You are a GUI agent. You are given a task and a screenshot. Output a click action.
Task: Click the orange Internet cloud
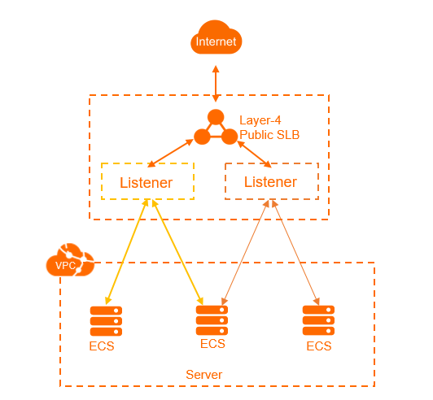[x=216, y=37]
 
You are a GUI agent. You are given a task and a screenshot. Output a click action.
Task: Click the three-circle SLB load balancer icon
[x=216, y=127]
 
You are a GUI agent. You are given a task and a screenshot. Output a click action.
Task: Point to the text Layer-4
[x=260, y=120]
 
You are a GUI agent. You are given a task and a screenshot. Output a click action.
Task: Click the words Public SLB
[x=269, y=135]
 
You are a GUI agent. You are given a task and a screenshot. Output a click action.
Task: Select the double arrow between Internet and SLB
[x=216, y=84]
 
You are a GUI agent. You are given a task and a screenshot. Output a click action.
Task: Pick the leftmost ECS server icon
[x=106, y=321]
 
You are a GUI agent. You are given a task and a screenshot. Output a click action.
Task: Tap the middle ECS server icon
[x=212, y=320]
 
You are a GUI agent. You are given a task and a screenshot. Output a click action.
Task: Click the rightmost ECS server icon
[x=318, y=320]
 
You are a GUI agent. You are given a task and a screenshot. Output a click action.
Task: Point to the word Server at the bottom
[x=203, y=375]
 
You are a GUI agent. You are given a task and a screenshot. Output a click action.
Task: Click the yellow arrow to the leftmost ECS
[x=127, y=251]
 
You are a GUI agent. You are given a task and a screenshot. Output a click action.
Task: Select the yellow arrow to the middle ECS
[x=177, y=252]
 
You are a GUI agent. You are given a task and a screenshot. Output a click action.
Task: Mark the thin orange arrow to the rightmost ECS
[x=295, y=252]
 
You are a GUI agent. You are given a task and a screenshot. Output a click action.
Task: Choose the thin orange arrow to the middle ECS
[x=245, y=252]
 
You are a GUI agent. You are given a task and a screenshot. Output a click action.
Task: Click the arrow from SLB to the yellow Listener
[x=170, y=153]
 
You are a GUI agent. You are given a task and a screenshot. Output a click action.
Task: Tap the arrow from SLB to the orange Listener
[x=254, y=154]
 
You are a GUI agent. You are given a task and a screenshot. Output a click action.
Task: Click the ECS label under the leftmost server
[x=102, y=346]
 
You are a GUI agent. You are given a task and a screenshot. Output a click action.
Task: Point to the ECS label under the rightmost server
[x=319, y=346]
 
